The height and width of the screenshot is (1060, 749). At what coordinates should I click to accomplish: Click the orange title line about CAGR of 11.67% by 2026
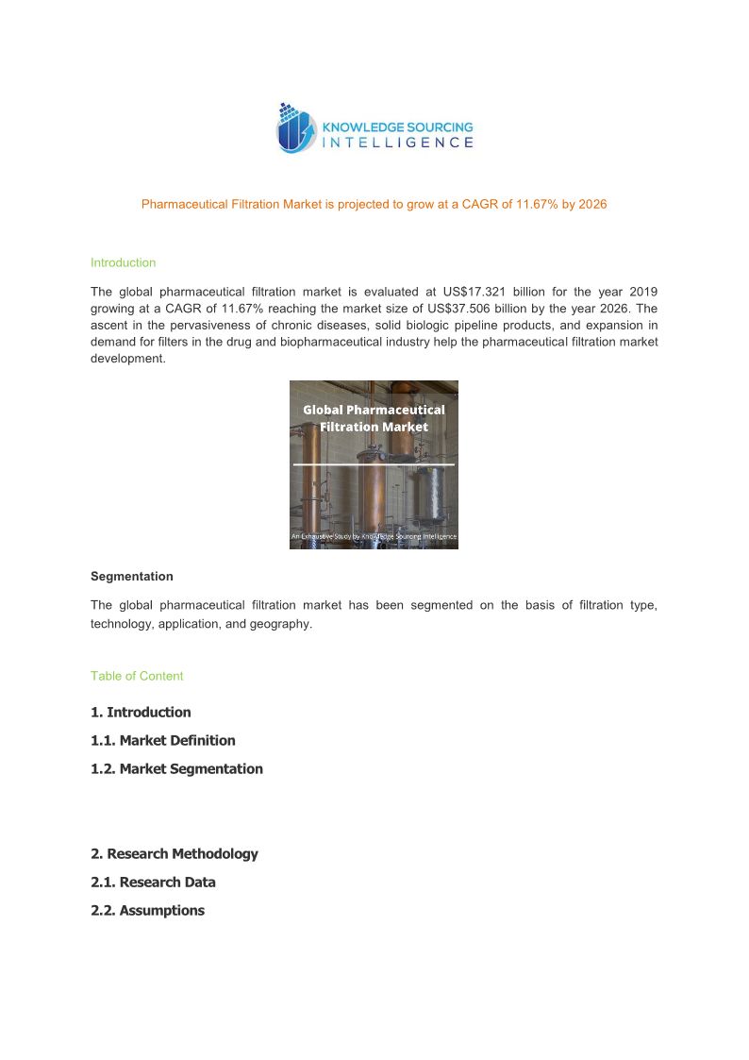pos(374,204)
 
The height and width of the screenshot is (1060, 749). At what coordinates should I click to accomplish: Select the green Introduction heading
pos(123,262)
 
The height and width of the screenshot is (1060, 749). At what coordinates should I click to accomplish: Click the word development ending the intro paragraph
pos(127,360)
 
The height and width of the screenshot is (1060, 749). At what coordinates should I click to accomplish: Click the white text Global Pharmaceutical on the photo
pos(374,410)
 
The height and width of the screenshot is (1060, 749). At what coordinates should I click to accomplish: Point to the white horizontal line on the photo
pos(374,464)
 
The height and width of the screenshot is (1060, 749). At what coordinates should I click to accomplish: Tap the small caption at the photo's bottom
pos(374,536)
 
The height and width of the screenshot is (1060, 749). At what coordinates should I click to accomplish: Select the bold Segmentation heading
pos(131,576)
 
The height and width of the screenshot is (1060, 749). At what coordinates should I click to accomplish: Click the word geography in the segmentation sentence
pos(283,625)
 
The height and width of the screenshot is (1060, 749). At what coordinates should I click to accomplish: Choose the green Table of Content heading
pos(137,676)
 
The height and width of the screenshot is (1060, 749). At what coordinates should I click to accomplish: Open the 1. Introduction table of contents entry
pos(141,713)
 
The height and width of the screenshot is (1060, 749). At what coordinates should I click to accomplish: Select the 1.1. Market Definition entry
pos(163,741)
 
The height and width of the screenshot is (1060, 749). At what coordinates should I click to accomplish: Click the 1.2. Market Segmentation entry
pos(176,769)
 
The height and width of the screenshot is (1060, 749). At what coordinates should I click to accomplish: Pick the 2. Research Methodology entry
pos(175,854)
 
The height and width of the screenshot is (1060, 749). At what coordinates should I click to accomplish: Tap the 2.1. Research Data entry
pos(153,883)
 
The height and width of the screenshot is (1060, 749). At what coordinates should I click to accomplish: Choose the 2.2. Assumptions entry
pos(147,911)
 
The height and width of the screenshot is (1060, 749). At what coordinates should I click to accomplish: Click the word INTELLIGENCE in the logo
pos(398,143)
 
